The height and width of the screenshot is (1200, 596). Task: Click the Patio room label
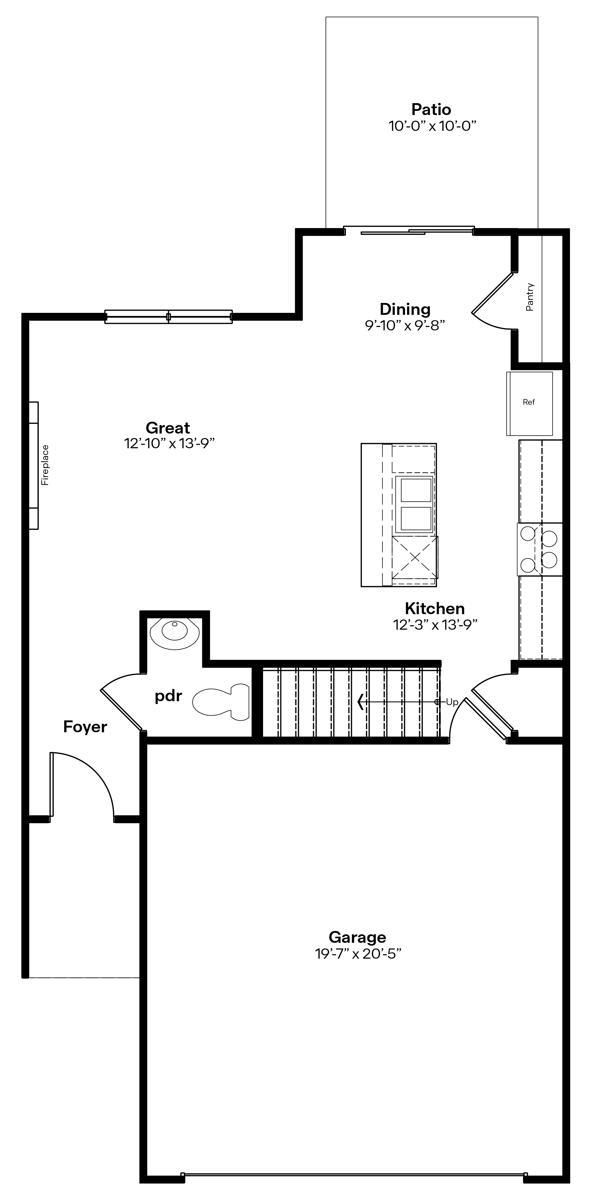point(431,109)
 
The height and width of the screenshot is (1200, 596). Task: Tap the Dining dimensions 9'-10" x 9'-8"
point(405,325)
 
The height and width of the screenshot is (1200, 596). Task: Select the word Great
point(168,428)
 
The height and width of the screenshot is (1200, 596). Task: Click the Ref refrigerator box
point(529,403)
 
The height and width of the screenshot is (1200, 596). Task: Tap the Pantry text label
point(530,297)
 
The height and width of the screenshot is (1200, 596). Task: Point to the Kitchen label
point(435,608)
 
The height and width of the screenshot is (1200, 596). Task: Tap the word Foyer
point(85,727)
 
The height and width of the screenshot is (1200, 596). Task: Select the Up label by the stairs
point(452,702)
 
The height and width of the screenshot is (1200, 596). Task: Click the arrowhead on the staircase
point(360,701)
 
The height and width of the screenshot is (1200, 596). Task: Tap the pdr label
point(168,696)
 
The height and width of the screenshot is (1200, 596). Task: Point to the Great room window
point(168,317)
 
